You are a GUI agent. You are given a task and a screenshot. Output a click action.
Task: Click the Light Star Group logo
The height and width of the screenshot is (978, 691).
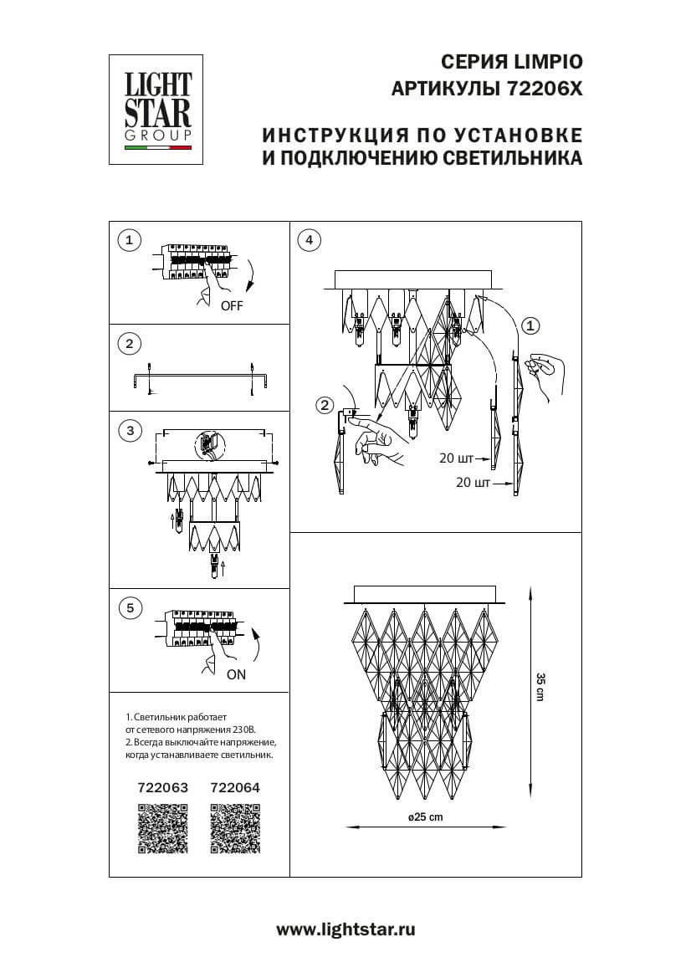click(x=158, y=108)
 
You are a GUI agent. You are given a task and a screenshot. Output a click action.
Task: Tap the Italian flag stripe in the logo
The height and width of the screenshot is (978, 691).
click(x=158, y=148)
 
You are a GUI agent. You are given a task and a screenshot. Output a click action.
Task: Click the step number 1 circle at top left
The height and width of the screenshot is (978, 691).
click(x=128, y=241)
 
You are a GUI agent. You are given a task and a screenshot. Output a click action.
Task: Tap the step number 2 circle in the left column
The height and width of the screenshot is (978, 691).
click(x=128, y=343)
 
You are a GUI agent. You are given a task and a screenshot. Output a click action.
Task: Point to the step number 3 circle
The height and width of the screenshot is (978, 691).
click(x=128, y=431)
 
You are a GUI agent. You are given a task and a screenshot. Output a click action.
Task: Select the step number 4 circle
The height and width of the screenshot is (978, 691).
click(x=309, y=241)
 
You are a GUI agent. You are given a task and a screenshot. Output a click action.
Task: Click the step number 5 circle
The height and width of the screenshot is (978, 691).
click(x=128, y=608)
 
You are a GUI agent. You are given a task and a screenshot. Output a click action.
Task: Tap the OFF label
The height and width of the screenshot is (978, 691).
click(x=232, y=306)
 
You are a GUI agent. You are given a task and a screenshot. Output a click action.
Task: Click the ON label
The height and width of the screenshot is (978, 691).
click(x=236, y=674)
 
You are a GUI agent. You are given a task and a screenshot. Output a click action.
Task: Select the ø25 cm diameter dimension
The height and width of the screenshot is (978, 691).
click(x=425, y=817)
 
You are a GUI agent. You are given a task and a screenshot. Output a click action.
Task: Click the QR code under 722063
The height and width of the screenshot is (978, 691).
click(x=162, y=828)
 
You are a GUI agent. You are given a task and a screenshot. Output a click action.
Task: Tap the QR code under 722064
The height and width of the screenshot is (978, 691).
click(x=235, y=828)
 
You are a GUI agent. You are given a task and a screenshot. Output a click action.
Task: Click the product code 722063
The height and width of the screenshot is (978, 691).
click(x=162, y=787)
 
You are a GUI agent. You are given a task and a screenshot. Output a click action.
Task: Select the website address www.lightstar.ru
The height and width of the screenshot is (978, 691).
click(x=345, y=929)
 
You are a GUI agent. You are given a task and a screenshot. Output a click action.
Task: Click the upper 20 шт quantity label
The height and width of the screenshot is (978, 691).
click(x=455, y=458)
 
